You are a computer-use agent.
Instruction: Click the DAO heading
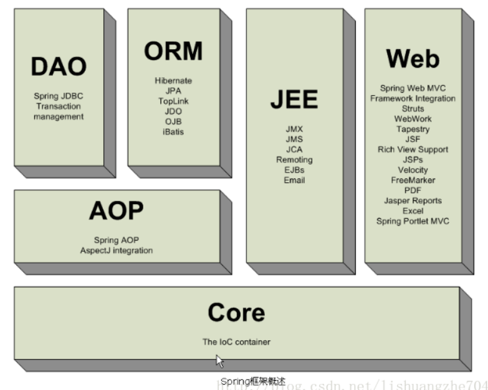pos(59,67)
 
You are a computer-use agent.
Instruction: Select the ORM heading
pos(173,52)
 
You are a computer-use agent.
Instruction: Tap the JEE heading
pos(294,100)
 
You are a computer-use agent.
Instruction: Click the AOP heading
pos(117,211)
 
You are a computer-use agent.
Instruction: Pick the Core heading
pos(236,312)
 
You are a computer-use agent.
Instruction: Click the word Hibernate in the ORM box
pos(173,81)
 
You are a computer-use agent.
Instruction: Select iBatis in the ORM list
pos(173,131)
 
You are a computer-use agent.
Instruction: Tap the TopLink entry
pos(173,101)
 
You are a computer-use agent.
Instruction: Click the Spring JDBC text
pos(59,96)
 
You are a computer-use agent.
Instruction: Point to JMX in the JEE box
pos(294,129)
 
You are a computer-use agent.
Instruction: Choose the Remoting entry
pos(294,160)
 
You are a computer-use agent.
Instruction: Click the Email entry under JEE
pos(294,180)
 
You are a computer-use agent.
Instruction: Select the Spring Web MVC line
pos(413,88)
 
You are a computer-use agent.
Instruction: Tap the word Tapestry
pos(413,129)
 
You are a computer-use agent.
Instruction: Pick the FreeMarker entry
pos(413,180)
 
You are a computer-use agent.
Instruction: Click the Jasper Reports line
pos(413,200)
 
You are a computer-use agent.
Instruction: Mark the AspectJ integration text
pos(117,250)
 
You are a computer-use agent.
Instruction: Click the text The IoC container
pos(236,341)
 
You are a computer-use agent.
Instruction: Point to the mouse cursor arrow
pos(219,360)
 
